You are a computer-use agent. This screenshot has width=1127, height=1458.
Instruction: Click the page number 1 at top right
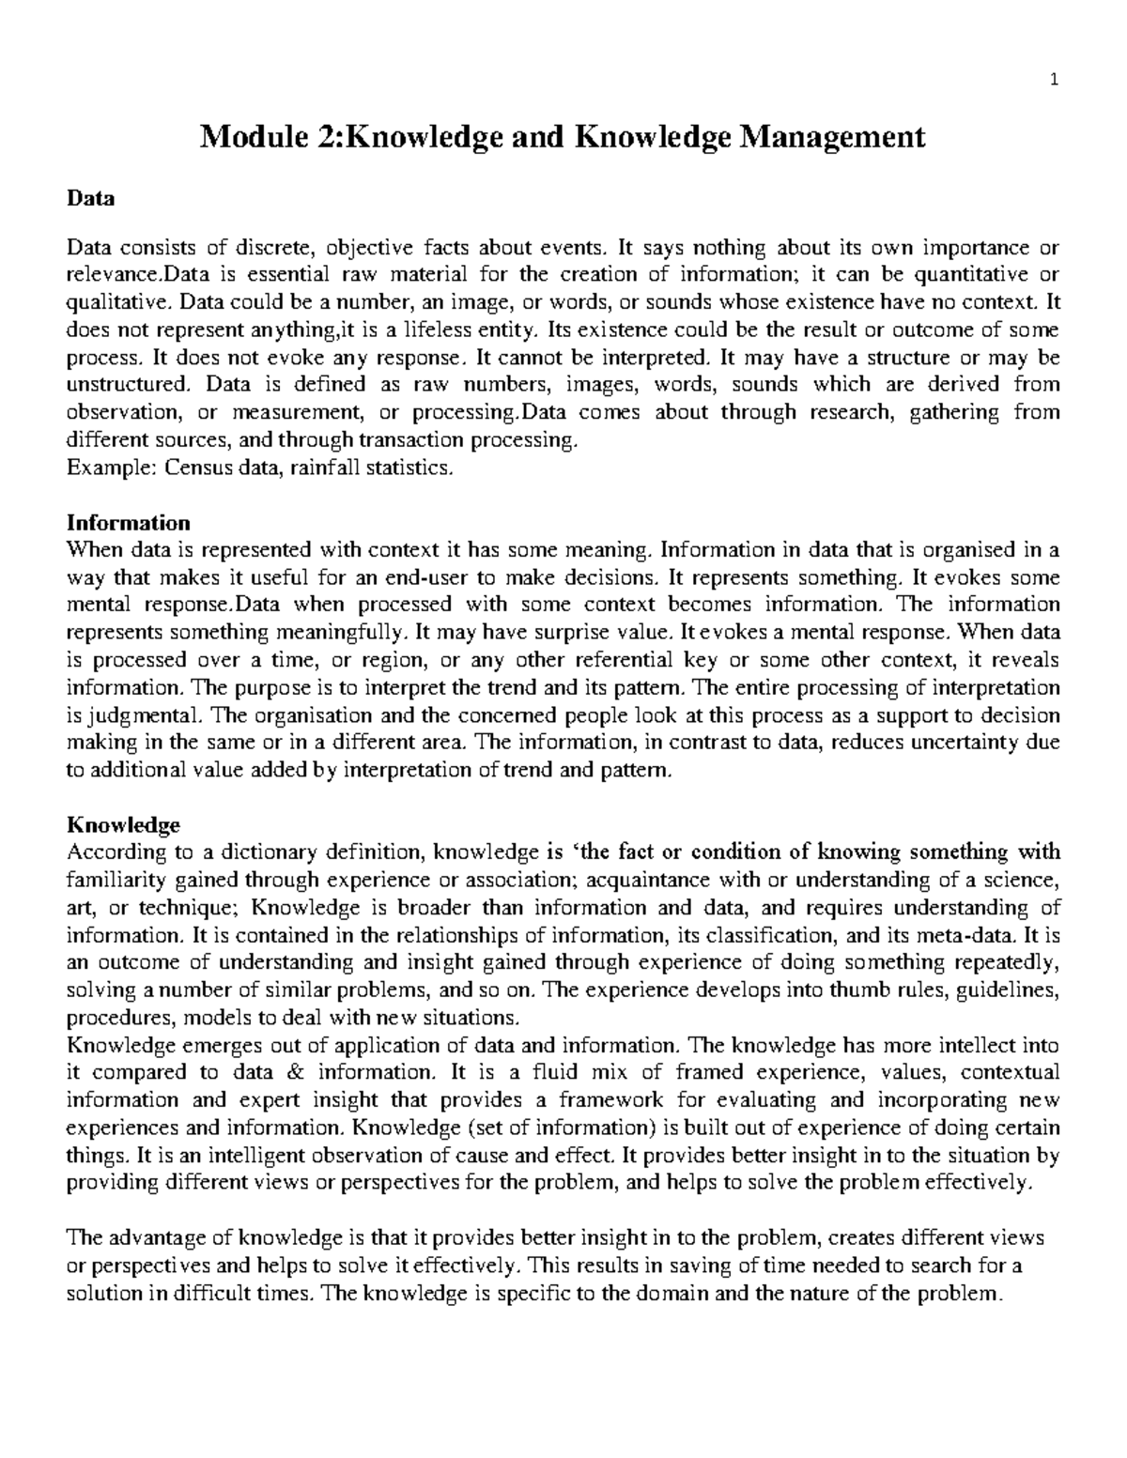click(1055, 80)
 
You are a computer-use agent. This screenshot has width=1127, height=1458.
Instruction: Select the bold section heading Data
click(90, 198)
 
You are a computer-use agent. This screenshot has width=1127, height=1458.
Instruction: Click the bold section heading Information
click(128, 522)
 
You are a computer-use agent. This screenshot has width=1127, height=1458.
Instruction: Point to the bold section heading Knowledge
click(123, 825)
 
